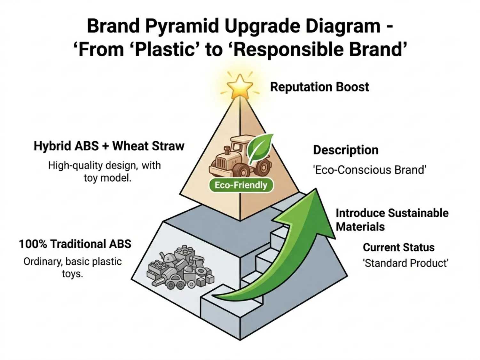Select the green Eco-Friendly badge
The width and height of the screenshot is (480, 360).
pos(241,185)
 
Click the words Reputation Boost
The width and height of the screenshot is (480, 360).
pos(319,87)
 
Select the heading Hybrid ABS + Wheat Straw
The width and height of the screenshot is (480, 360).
pos(109,146)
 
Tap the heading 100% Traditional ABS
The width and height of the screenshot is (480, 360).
pos(75,244)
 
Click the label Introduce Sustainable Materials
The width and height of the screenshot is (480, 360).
pos(392,220)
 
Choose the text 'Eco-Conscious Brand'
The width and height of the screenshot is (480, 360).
pos(370,170)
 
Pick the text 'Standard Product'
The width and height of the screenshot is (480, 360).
pos(405,263)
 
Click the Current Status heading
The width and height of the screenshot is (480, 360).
pos(399,247)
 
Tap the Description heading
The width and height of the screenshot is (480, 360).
pos(346,150)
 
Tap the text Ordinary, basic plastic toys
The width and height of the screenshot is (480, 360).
pos(73,268)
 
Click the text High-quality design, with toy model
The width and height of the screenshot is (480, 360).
pos(105,172)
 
